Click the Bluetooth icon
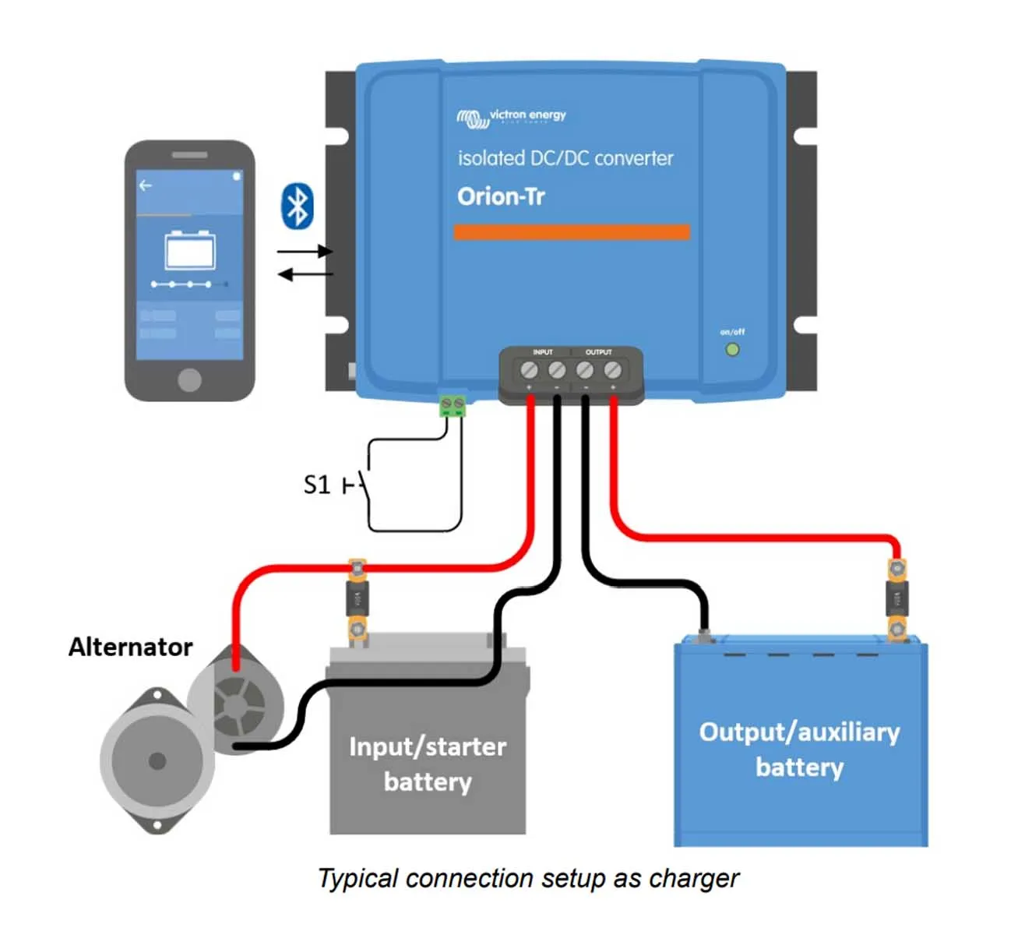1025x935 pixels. click(297, 206)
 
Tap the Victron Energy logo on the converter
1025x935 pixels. click(512, 117)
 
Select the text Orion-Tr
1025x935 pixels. click(501, 196)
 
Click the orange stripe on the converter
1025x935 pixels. click(572, 232)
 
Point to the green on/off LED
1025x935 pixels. click(732, 350)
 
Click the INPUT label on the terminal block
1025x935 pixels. click(543, 353)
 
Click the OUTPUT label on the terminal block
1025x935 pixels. click(598, 353)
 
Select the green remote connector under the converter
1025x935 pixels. click(453, 405)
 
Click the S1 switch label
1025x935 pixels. click(317, 485)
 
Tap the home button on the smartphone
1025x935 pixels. click(189, 379)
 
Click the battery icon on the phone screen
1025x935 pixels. click(189, 250)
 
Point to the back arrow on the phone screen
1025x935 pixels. click(145, 185)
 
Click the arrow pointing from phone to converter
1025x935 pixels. click(305, 251)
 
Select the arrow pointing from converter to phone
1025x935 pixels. click(305, 274)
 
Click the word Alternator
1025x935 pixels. click(130, 647)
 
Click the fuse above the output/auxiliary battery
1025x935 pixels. click(896, 600)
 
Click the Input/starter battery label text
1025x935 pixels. click(428, 764)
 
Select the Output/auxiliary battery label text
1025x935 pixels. click(799, 749)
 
